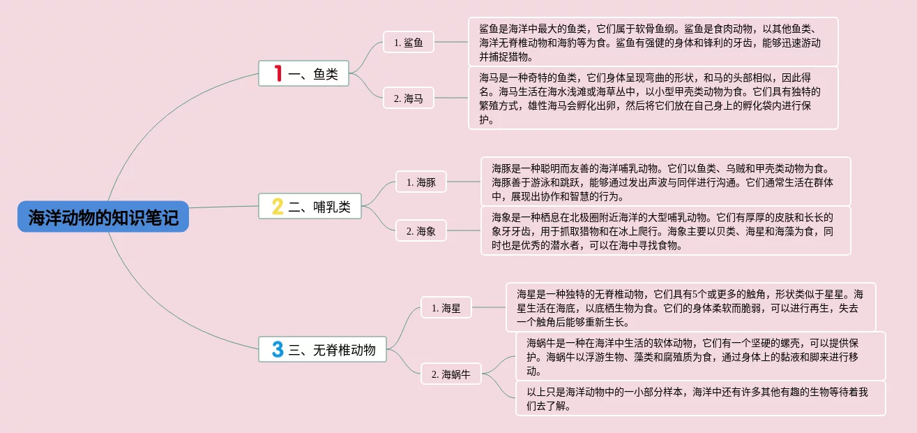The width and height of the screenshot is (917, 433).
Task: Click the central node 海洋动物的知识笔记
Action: (x=103, y=218)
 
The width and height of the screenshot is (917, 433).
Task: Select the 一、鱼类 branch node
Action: (x=303, y=73)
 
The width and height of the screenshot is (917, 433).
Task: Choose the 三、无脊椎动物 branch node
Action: (x=322, y=349)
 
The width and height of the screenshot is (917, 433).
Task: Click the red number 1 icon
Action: (x=278, y=73)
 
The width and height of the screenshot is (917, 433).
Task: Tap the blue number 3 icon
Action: (x=277, y=349)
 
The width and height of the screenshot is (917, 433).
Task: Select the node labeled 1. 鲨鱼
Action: (x=409, y=43)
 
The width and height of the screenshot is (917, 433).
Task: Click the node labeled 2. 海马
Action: (x=409, y=98)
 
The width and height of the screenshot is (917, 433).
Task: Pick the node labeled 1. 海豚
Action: (x=421, y=182)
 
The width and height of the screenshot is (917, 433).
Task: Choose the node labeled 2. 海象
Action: (x=421, y=230)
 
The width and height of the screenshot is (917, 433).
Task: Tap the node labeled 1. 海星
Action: (x=446, y=307)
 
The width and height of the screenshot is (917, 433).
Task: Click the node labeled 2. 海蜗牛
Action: (x=451, y=374)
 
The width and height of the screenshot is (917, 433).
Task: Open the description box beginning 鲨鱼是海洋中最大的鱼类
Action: (x=653, y=42)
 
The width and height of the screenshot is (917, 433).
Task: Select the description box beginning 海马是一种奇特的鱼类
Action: (x=653, y=98)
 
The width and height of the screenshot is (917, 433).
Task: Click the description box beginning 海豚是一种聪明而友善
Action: (x=665, y=182)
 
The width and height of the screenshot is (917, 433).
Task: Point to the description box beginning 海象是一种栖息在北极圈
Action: (x=665, y=230)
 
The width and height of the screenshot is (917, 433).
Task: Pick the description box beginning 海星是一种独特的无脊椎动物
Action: (x=690, y=307)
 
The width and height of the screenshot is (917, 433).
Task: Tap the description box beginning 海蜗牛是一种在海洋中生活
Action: (x=700, y=356)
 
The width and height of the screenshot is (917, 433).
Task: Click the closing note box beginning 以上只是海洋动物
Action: (x=700, y=398)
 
